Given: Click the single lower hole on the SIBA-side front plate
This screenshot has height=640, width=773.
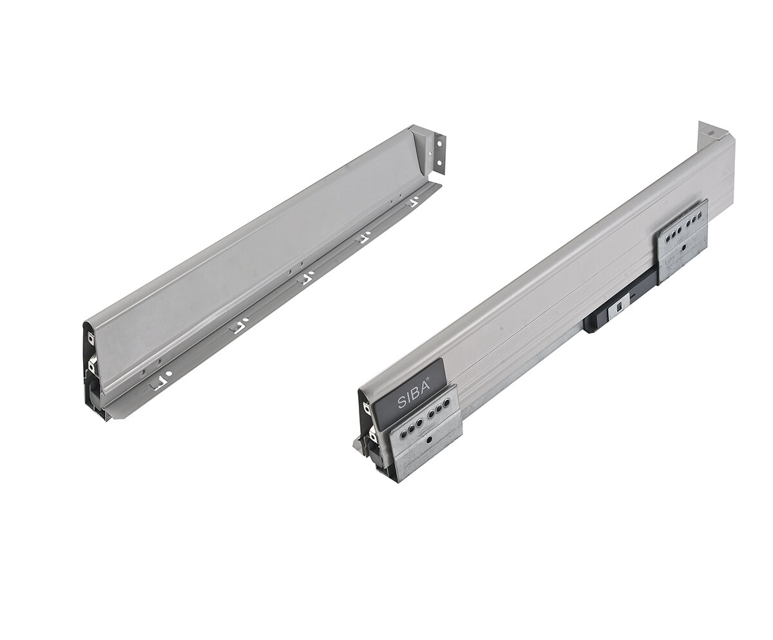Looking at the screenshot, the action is coord(429,440).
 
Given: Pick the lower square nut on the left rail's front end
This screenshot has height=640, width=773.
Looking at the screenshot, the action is coord(91,366).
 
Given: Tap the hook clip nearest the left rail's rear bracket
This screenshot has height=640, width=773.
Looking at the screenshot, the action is coord(414,202).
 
